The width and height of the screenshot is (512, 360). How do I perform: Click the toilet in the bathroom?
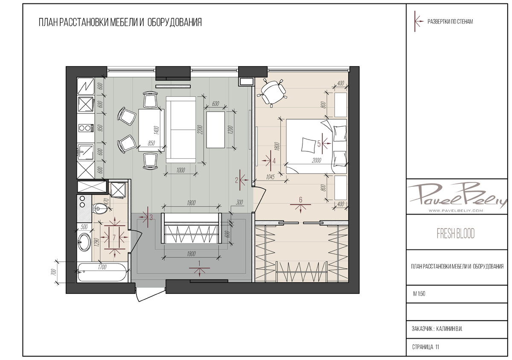[100, 208]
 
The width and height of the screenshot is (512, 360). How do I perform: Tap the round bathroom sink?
[84, 241]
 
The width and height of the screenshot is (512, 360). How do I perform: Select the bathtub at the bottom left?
[102, 273]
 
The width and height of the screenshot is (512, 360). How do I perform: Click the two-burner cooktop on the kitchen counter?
[86, 128]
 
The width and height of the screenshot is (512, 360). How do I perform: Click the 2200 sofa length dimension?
[201, 129]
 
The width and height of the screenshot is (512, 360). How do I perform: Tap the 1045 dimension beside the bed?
[270, 177]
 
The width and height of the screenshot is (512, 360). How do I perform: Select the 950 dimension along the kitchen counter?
[100, 128]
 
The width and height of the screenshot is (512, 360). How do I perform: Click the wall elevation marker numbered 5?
[323, 144]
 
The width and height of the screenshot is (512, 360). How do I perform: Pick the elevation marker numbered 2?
[241, 180]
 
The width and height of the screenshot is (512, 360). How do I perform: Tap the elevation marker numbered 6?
[300, 204]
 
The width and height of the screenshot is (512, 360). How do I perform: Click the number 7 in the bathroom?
[114, 238]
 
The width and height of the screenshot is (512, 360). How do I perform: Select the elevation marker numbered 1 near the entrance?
[199, 268]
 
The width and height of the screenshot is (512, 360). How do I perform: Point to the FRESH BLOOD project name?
[456, 233]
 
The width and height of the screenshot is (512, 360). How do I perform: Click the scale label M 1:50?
[419, 294]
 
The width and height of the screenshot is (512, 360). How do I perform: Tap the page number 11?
[437, 347]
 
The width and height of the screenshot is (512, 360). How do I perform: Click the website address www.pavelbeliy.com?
[456, 211]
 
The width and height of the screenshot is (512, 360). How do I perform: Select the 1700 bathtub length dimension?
[102, 267]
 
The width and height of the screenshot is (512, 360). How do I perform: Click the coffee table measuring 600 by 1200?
[215, 130]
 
